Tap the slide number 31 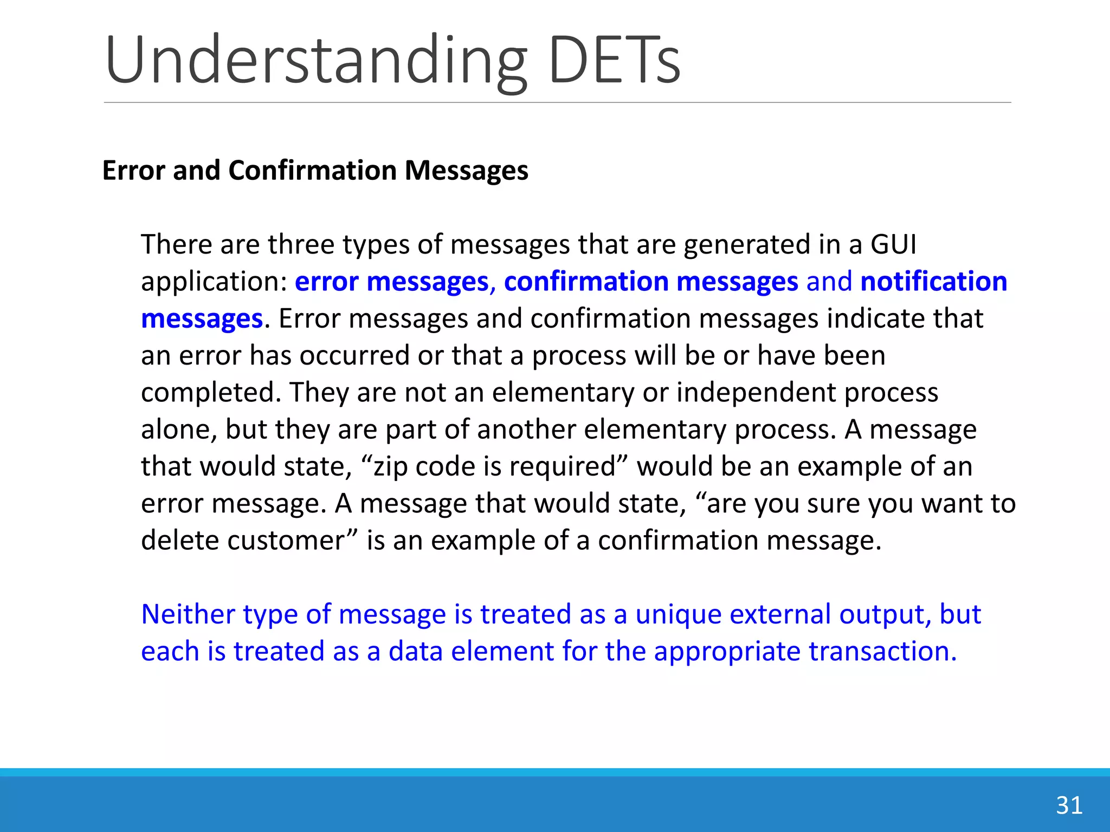[1069, 805]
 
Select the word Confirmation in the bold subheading [313, 171]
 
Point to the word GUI [893, 245]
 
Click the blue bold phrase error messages [391, 282]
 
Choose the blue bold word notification [933, 282]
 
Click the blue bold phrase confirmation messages [650, 282]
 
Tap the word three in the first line [301, 245]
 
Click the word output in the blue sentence [885, 615]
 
